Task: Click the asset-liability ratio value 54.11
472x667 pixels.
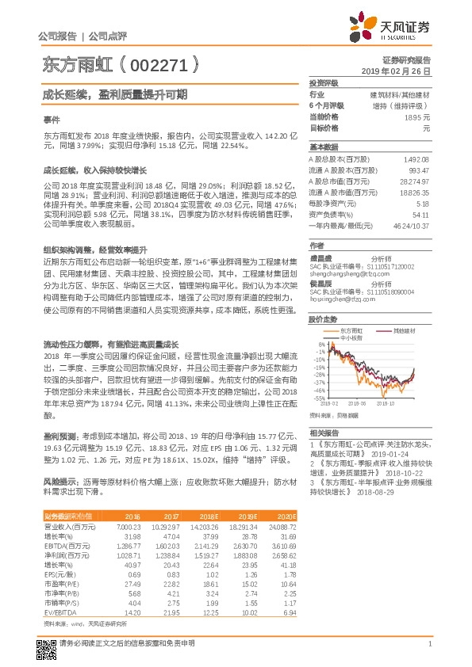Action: point(420,214)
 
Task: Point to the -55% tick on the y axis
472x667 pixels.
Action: point(319,398)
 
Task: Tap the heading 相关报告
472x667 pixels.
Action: point(324,433)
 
